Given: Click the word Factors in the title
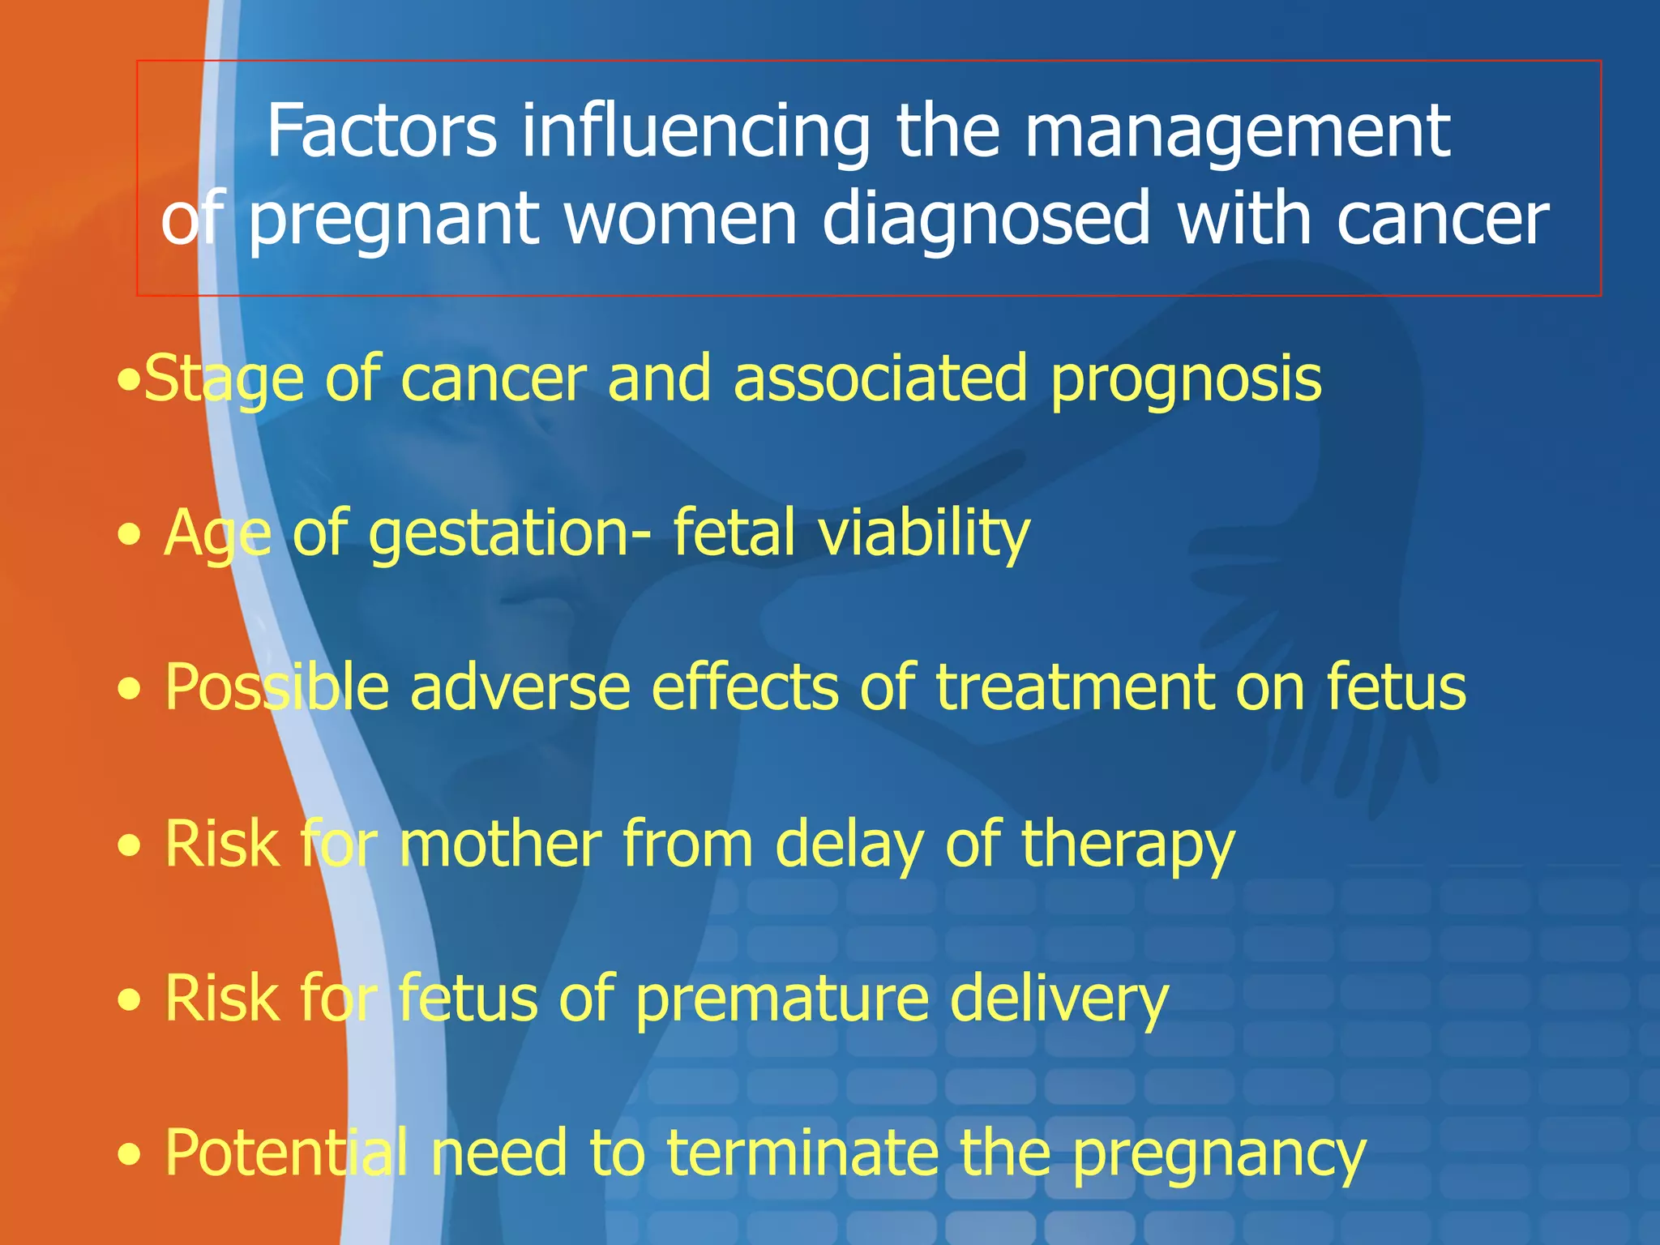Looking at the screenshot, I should [x=381, y=131].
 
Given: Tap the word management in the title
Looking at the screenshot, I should [x=1237, y=131].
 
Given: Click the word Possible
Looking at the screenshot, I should [x=276, y=687].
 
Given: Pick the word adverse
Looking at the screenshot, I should [x=520, y=687].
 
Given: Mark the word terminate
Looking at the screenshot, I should [x=802, y=1153].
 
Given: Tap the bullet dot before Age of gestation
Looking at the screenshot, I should [x=129, y=536].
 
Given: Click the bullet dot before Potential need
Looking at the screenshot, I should [x=129, y=1155].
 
